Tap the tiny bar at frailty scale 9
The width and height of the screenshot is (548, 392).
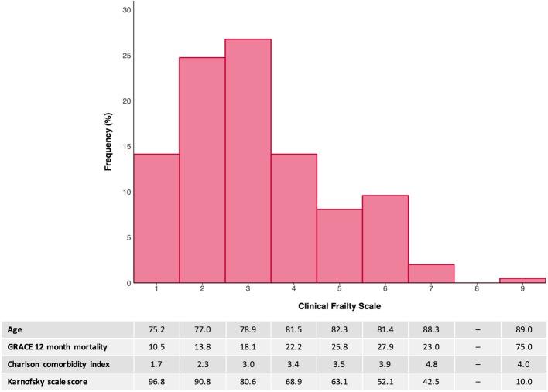click(x=522, y=280)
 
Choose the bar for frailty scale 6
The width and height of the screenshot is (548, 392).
click(x=385, y=239)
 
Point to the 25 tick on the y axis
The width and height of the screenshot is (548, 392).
click(x=124, y=56)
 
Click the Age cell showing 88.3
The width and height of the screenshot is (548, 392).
click(x=431, y=329)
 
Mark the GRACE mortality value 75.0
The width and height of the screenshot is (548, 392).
click(x=522, y=346)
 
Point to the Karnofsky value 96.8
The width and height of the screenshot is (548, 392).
click(x=156, y=381)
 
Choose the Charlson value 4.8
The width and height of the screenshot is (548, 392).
click(x=431, y=363)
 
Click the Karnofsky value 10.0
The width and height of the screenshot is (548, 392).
click(x=522, y=381)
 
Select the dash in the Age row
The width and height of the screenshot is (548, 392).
click(x=477, y=329)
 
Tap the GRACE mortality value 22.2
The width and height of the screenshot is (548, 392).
click(x=293, y=346)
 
